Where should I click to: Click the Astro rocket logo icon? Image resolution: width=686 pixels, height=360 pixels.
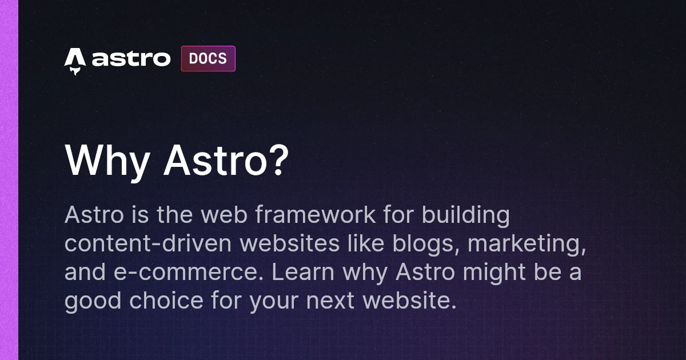(x=75, y=60)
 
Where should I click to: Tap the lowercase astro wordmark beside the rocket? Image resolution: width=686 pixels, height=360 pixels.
(x=131, y=59)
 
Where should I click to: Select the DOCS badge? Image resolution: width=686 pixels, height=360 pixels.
(x=208, y=59)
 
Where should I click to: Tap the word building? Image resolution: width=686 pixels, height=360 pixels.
(x=465, y=216)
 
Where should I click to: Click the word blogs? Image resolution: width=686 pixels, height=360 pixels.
(x=425, y=245)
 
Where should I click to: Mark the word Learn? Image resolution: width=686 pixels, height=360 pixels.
(x=302, y=273)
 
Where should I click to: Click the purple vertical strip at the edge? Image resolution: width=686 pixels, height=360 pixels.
(x=9, y=180)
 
